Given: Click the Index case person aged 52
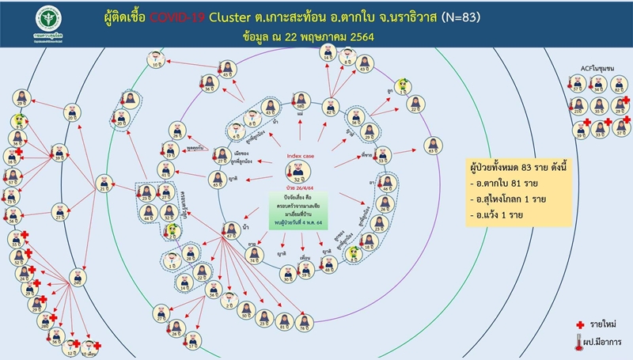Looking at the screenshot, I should tap(300, 174).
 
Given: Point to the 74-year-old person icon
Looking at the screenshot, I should tap(255, 253).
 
